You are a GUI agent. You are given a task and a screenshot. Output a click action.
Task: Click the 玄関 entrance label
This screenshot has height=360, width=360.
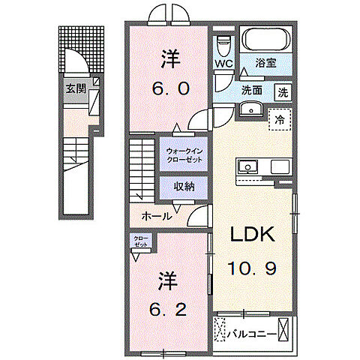point(75,88)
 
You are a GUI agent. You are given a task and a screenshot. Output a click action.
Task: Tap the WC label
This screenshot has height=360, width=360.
point(224,64)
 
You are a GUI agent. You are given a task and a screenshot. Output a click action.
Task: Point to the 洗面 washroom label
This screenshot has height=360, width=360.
point(251,91)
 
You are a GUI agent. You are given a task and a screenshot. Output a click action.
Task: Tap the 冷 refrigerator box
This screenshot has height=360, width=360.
point(279,119)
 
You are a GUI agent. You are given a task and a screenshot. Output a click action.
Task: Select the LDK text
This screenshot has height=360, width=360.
point(253,235)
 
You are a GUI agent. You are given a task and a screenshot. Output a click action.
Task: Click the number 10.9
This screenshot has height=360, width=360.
point(253,268)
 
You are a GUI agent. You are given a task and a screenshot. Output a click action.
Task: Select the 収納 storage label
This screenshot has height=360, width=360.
point(184,186)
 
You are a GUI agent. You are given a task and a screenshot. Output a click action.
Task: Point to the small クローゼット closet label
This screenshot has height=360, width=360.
point(141,241)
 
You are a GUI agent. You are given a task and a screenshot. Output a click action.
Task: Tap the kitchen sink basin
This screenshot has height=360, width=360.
point(248,166)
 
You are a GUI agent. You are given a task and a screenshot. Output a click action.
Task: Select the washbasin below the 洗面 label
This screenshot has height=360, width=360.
point(250,110)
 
